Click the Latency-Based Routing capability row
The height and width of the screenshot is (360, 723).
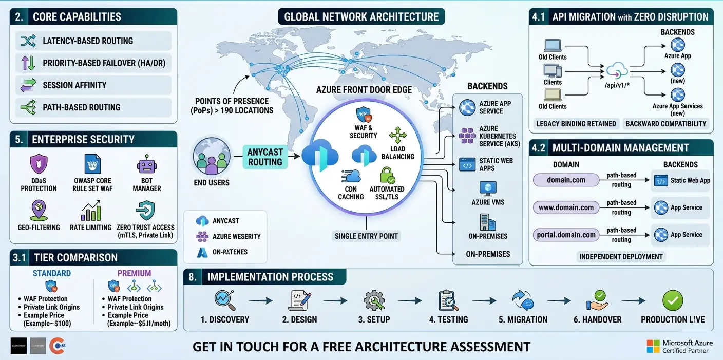coord(93,41)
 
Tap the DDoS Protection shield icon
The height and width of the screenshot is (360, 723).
coord(39,165)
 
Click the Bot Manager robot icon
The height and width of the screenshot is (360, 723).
coord(146,165)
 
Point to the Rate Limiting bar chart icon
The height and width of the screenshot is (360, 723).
coord(91,211)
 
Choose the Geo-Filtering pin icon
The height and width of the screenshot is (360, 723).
coord(39,211)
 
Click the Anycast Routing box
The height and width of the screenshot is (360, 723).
coord(265,157)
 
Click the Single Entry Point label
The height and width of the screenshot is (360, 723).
coord(366,236)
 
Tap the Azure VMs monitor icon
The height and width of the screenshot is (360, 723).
coord(487,188)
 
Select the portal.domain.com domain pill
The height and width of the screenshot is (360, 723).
coord(566,235)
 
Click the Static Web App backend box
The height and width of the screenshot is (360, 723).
coord(683,180)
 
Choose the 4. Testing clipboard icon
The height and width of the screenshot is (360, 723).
coord(448,301)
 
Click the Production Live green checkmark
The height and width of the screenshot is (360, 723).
coord(673,300)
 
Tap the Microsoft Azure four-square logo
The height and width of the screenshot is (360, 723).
coord(653,346)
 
